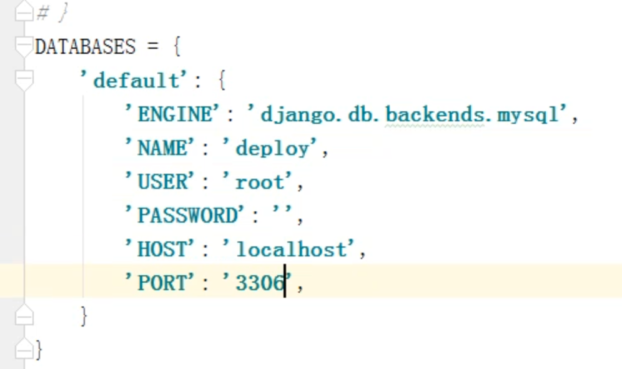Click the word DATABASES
tap(85, 47)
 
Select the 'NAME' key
tap(162, 148)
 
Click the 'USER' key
tap(162, 182)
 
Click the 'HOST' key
tap(162, 250)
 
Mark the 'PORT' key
tap(162, 283)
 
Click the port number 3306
tap(259, 283)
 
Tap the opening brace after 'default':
tap(219, 81)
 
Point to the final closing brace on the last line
tap(39, 349)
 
